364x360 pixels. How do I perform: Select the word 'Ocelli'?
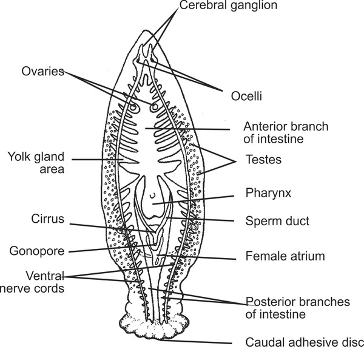[248, 95]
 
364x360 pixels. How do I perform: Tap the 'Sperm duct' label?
[277, 221]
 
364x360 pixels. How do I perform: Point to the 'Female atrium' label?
[285, 256]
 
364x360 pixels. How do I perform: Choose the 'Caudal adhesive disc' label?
[303, 342]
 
